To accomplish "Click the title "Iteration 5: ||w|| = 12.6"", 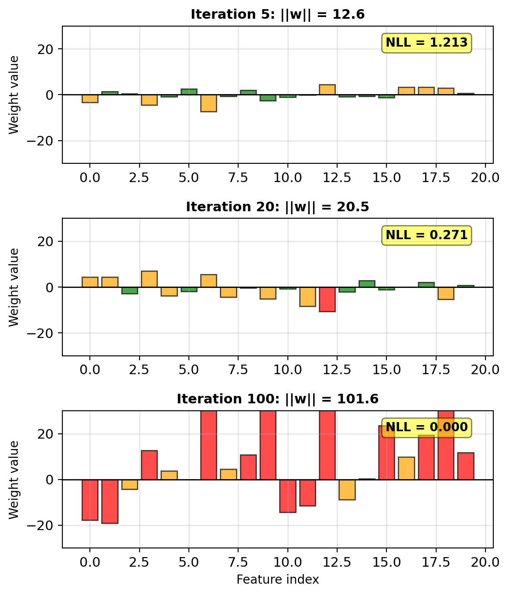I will click(277, 14).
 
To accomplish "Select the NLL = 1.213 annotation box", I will click(427, 43).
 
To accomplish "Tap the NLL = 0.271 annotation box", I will click(427, 235).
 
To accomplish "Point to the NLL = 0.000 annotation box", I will click(427, 427).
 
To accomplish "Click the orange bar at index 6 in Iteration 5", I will click(208, 103).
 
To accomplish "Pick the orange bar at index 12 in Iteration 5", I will click(327, 90).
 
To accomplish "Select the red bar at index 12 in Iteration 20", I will click(327, 299).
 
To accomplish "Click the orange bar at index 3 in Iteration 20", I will click(149, 279).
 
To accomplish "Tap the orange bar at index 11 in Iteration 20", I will click(307, 297).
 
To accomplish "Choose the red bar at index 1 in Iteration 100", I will click(109, 501).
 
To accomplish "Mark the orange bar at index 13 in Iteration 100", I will click(347, 490).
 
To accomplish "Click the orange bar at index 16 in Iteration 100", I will click(406, 468).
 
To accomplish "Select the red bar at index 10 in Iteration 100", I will click(287, 496).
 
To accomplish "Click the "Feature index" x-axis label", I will click(277, 580).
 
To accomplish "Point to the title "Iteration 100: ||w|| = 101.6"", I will click(277, 399).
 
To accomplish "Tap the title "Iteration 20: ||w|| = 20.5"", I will click(277, 207).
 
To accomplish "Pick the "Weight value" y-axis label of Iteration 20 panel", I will click(14, 287).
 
